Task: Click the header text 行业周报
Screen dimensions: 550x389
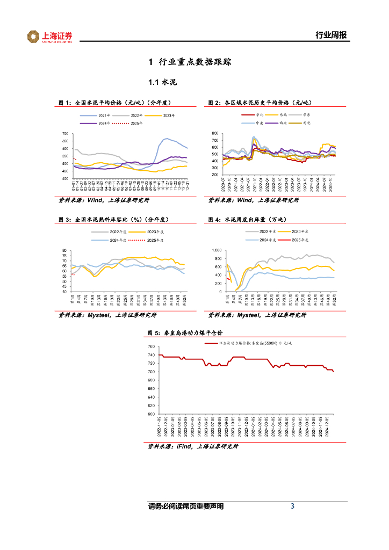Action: [330, 35]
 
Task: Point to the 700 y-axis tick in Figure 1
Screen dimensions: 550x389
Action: [65, 134]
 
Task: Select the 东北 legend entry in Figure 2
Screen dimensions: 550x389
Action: [286, 115]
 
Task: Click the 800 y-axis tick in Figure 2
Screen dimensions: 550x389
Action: [215, 133]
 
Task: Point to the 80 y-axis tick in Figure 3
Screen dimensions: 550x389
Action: [64, 251]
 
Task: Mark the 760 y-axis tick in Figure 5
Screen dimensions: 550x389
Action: [151, 347]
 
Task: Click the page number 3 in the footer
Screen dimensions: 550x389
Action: [292, 506]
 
